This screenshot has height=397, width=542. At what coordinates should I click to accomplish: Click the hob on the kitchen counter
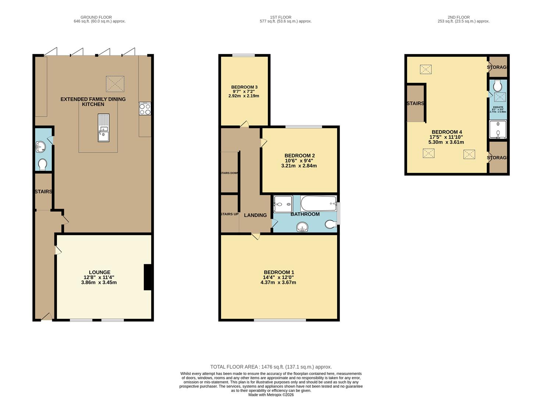click(x=145, y=109)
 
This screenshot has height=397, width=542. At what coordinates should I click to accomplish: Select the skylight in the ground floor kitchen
click(x=115, y=84)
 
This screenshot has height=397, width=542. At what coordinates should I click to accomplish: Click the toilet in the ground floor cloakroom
click(x=43, y=164)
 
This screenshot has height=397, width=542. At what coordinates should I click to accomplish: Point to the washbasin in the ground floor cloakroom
click(x=40, y=147)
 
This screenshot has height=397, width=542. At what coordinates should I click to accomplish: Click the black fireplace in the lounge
click(x=147, y=277)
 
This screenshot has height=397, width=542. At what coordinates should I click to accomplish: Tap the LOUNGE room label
click(x=99, y=272)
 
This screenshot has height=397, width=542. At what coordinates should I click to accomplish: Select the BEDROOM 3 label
click(x=244, y=87)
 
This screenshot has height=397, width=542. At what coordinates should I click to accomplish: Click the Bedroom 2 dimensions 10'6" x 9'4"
click(x=299, y=161)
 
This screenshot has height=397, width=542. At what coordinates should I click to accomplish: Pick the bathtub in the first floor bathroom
click(x=318, y=203)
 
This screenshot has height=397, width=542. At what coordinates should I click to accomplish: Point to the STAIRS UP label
click(x=229, y=214)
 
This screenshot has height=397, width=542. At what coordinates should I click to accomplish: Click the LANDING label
click(x=255, y=215)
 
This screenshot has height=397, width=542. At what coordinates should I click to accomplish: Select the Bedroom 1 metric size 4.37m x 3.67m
click(x=278, y=283)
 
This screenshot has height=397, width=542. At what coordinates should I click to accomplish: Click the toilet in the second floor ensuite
click(x=498, y=86)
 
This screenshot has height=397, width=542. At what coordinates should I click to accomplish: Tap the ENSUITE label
click(x=498, y=107)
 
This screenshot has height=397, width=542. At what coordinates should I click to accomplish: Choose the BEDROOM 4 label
click(x=446, y=132)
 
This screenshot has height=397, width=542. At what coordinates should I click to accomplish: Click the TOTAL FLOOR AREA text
click(x=271, y=367)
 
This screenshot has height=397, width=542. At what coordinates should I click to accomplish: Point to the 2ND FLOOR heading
click(x=459, y=17)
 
